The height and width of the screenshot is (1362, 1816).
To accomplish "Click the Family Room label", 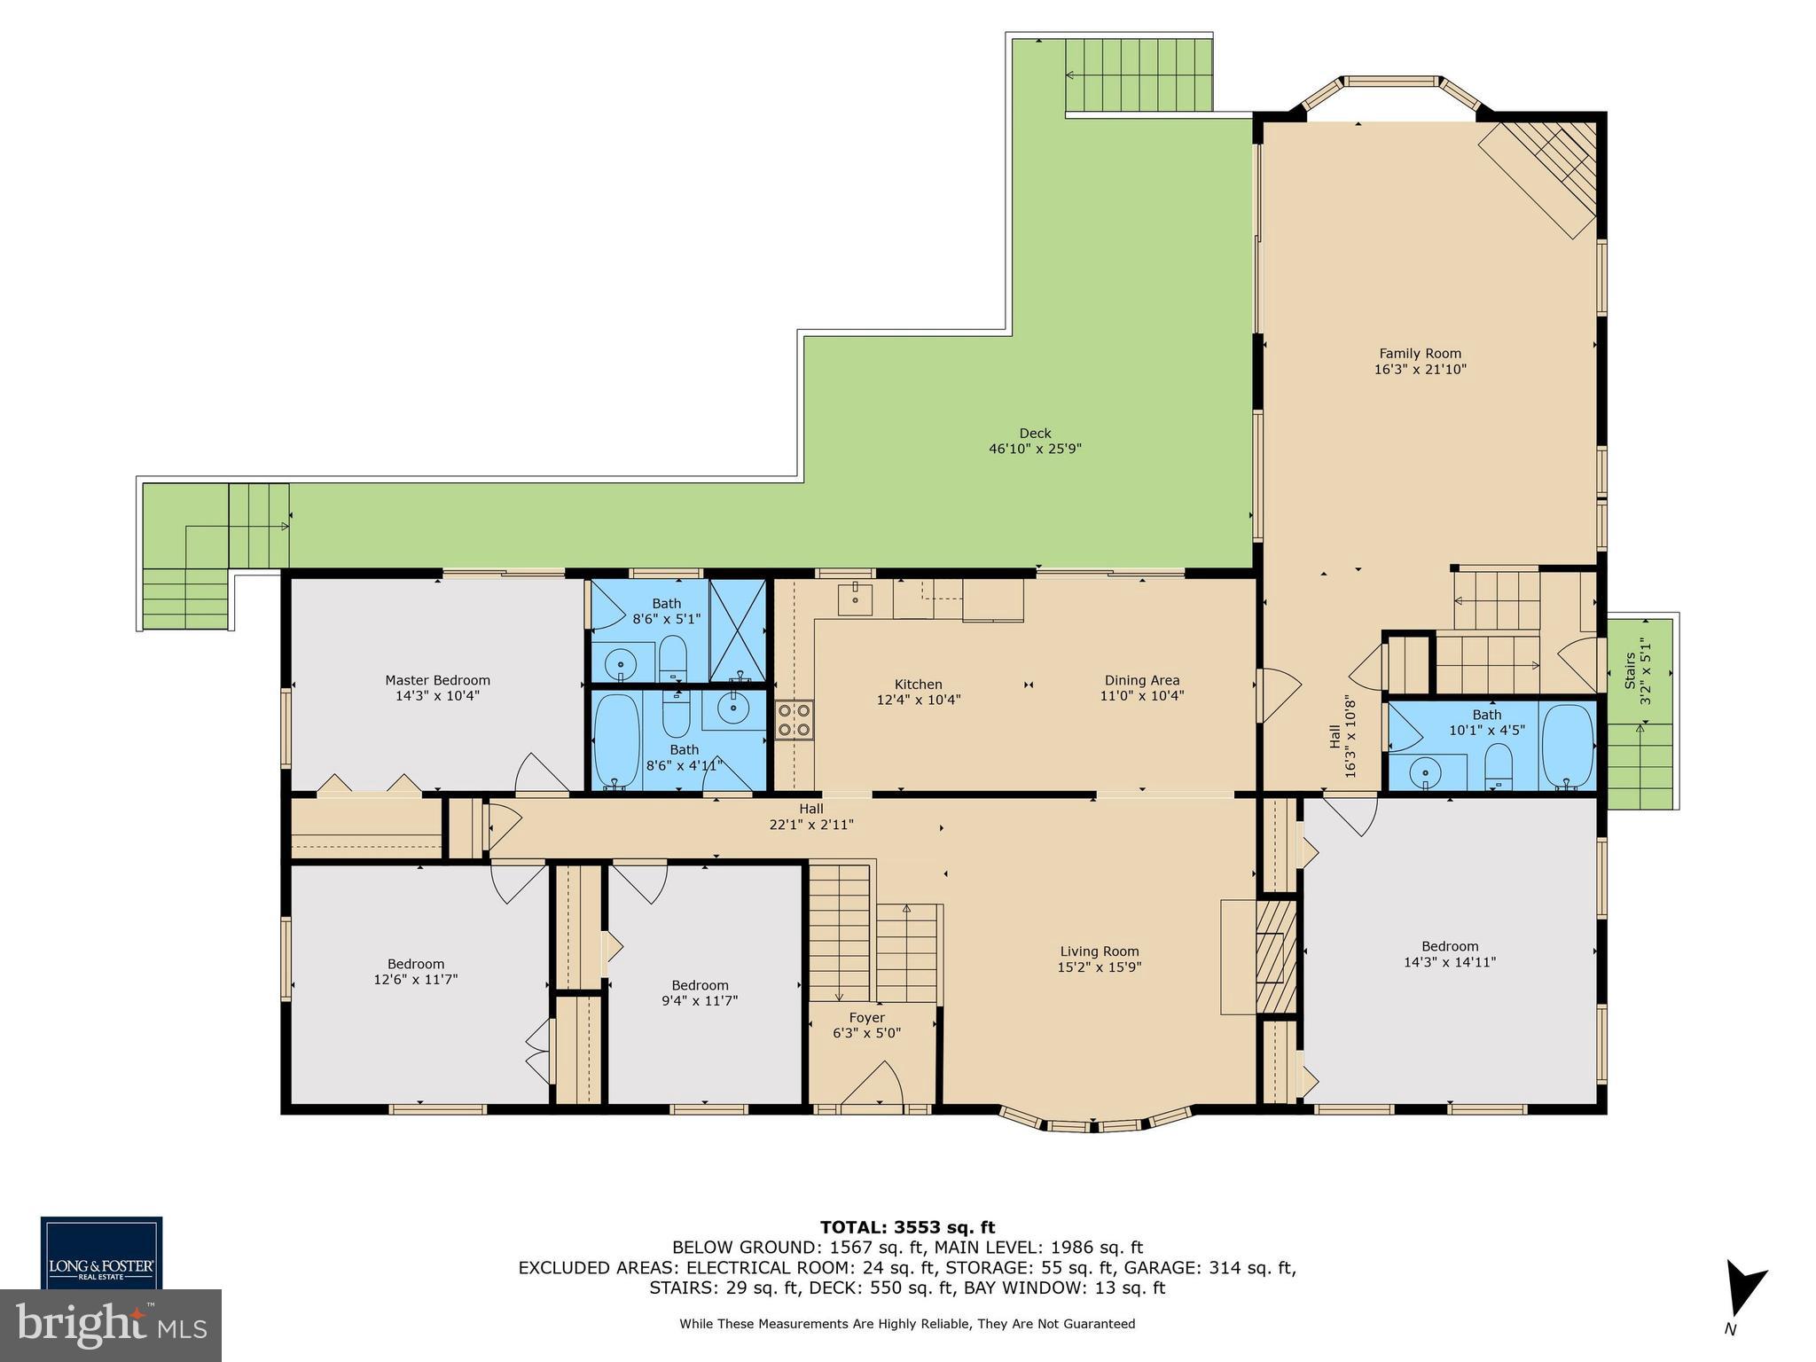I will tap(1420, 354).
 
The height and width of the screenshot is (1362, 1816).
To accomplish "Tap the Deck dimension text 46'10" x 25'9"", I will tap(1035, 449).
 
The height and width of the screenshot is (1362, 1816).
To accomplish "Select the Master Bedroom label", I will tap(437, 680).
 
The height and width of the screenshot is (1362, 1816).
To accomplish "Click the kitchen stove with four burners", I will tap(794, 720).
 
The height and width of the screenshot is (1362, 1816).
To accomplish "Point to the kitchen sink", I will tap(855, 600).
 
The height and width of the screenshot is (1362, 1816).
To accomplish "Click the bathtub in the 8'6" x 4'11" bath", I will tap(616, 741).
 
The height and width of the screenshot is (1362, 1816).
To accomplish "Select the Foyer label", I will tap(866, 1017).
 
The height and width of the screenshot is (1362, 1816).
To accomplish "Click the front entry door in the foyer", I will tap(873, 1089).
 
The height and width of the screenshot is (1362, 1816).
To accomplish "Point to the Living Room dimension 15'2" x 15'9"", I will tap(1099, 967).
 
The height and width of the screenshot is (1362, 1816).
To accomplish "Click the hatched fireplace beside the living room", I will tap(1275, 957).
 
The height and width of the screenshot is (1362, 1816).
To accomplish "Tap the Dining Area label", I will tap(1141, 680).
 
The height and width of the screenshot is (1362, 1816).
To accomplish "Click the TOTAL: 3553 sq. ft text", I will tap(907, 1227).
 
